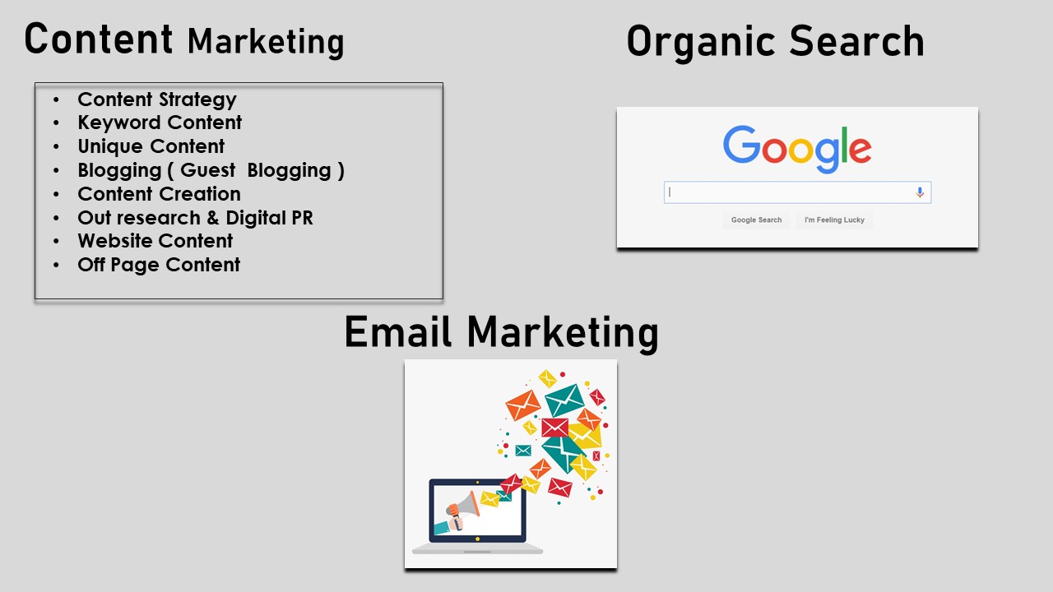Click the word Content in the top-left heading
click(x=98, y=39)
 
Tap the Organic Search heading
click(x=776, y=42)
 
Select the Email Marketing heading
click(x=502, y=333)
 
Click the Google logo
click(x=797, y=148)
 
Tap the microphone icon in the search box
click(x=920, y=192)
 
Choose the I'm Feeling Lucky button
click(x=834, y=220)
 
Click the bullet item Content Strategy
click(x=157, y=99)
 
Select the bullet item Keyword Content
click(x=160, y=123)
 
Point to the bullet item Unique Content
click(x=151, y=146)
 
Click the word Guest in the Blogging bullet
click(x=208, y=170)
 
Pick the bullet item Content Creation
click(x=160, y=194)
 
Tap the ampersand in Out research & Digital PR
click(x=213, y=218)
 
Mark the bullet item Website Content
click(x=155, y=241)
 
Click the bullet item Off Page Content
click(x=159, y=265)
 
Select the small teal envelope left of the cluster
click(x=523, y=451)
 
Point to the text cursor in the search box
click(x=670, y=192)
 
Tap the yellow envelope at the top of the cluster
click(x=548, y=379)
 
